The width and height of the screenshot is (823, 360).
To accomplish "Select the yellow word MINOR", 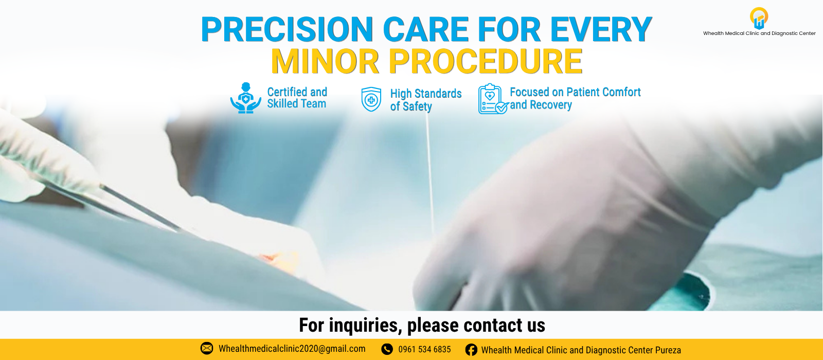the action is pyautogui.click(x=325, y=61).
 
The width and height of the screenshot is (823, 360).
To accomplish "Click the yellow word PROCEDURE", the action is pyautogui.click(x=486, y=61).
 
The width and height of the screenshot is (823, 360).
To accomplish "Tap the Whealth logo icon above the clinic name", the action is pyautogui.click(x=759, y=18).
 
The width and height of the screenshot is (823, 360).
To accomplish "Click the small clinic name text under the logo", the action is pyautogui.click(x=759, y=33).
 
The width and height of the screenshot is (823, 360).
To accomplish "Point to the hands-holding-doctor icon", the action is pyautogui.click(x=246, y=98).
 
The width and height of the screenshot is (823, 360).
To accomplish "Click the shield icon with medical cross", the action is pyautogui.click(x=371, y=99).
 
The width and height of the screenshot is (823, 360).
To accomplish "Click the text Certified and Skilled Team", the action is pyautogui.click(x=297, y=98).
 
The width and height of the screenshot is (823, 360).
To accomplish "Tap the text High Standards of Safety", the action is pyautogui.click(x=426, y=100).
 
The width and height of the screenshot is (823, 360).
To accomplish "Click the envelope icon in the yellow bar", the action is pyautogui.click(x=206, y=348).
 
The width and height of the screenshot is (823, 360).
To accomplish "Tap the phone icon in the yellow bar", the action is pyautogui.click(x=387, y=349).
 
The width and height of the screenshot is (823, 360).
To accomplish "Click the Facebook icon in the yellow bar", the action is pyautogui.click(x=471, y=350).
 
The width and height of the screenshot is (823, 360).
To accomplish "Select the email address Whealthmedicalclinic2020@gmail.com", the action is pyautogui.click(x=292, y=349).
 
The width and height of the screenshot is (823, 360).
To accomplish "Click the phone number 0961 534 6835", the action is pyautogui.click(x=424, y=349).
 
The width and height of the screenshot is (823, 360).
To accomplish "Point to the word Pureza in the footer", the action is pyautogui.click(x=668, y=350).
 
